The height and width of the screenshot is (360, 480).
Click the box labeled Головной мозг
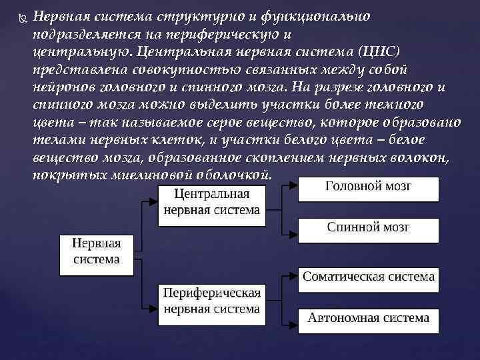368,187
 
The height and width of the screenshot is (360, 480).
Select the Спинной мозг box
368,228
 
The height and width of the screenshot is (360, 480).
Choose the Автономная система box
368,318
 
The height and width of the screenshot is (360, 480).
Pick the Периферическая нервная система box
212,301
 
